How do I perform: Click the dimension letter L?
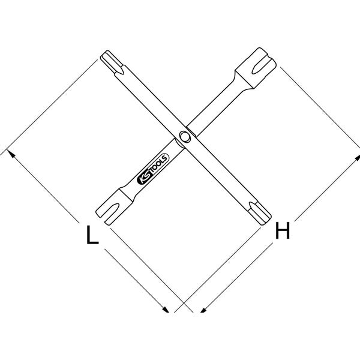[91, 235]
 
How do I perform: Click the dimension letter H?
[283, 230]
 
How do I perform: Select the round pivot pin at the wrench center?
[184, 137]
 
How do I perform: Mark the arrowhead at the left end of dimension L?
[10, 154]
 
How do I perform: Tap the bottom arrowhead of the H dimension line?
[204, 308]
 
